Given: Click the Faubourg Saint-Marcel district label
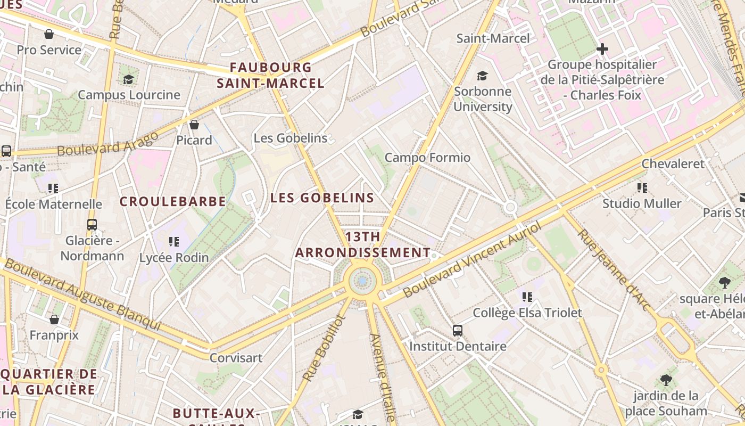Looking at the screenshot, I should tap(271, 75).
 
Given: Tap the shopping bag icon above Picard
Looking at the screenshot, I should tap(194, 125).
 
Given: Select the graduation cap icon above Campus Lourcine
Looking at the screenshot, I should tap(128, 79).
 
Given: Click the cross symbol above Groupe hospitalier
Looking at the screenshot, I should tap(602, 50).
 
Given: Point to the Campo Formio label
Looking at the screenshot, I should tap(427, 158).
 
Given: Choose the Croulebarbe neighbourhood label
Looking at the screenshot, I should tap(173, 201).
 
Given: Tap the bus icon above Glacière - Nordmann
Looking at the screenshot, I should tap(92, 225).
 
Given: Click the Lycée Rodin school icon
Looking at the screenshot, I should tap(173, 242).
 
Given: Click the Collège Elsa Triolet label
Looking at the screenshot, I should tap(527, 313).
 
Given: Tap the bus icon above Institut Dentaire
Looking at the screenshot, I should tap(457, 331).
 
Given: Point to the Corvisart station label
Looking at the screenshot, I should tap(236, 358).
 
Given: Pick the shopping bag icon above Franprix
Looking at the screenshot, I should tap(54, 319).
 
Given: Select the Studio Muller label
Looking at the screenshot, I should tap(642, 203).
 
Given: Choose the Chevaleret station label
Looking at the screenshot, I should tap(673, 163).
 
